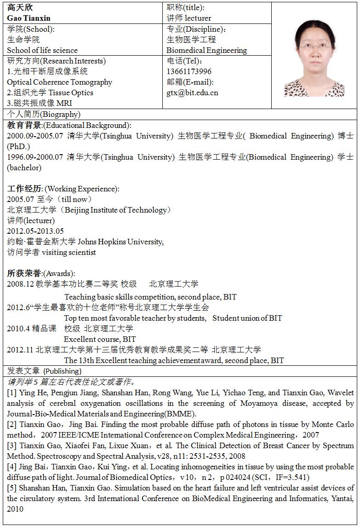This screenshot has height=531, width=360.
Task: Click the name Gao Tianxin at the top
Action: (x=29, y=18)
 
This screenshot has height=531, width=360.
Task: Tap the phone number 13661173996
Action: (x=189, y=71)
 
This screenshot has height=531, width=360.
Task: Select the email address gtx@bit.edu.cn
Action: (x=192, y=92)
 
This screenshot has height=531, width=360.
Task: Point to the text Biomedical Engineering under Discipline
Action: (x=206, y=50)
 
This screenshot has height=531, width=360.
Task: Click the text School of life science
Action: (x=42, y=50)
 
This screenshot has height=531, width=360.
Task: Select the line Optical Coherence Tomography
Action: (x=59, y=82)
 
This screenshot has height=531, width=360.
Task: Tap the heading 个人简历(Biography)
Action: (x=44, y=114)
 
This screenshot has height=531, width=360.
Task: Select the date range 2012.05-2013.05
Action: (x=35, y=231)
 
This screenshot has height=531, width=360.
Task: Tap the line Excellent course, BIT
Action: (x=100, y=339)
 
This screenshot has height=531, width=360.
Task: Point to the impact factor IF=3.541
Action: (x=292, y=477)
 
